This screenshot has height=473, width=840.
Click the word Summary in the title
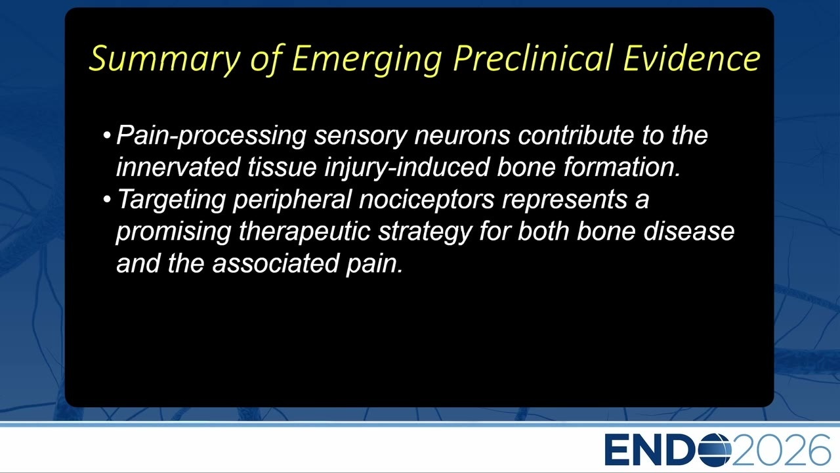click(x=165, y=59)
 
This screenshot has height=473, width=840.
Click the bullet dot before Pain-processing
click(x=107, y=135)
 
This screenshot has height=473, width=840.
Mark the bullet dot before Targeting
click(x=107, y=199)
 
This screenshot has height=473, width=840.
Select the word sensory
click(x=360, y=135)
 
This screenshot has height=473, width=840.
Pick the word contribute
click(x=576, y=135)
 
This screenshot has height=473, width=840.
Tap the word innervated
click(x=178, y=167)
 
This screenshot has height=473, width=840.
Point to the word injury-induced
click(x=407, y=168)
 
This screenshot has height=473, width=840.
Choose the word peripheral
click(x=292, y=200)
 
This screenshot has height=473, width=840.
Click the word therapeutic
click(x=304, y=232)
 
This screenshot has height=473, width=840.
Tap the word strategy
click(x=425, y=233)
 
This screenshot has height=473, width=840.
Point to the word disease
click(x=689, y=231)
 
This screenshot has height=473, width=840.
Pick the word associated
click(x=275, y=263)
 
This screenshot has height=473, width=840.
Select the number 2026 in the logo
click(x=780, y=450)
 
